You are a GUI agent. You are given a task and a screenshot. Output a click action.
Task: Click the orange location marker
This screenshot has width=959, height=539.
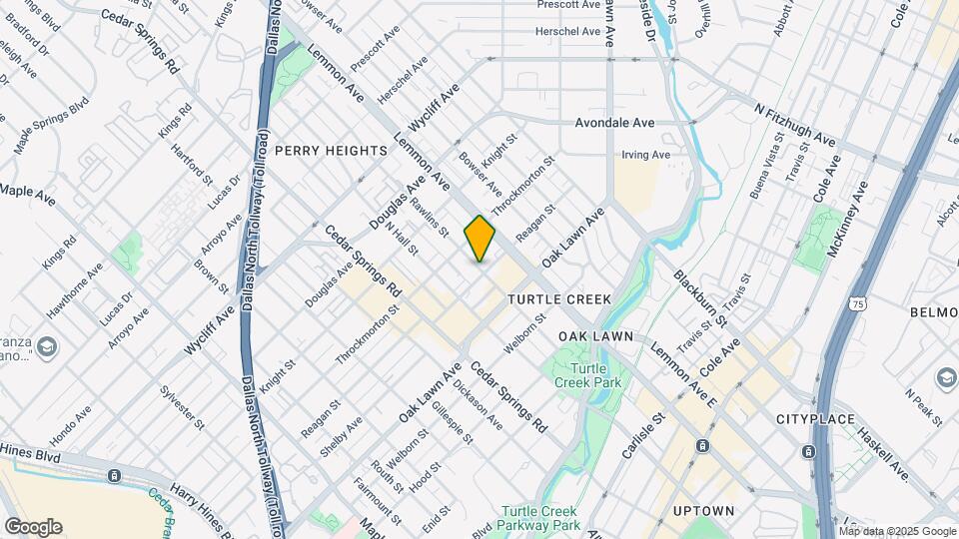479,239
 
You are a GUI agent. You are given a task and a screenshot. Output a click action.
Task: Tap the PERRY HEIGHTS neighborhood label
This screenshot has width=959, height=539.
330,151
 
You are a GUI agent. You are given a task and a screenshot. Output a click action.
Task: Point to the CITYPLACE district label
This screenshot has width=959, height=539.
814,419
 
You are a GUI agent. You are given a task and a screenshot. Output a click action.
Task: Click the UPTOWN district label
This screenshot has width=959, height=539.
703,511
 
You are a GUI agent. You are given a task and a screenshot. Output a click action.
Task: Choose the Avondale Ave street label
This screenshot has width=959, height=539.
614,123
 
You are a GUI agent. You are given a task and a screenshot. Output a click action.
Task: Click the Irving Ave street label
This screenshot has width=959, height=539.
645,155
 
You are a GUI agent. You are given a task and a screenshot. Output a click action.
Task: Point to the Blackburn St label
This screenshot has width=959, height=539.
699,297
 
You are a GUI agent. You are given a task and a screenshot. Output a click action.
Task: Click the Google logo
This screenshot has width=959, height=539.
33,527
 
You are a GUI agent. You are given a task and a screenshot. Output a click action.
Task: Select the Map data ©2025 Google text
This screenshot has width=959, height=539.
897,531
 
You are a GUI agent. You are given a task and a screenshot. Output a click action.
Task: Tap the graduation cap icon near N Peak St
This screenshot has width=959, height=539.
945,378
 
